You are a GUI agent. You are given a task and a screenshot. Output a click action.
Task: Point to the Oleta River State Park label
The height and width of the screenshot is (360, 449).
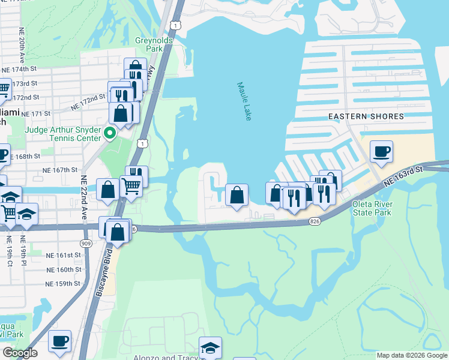point(371,208)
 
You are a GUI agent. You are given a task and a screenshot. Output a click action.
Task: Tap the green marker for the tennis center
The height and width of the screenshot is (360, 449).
point(109,133)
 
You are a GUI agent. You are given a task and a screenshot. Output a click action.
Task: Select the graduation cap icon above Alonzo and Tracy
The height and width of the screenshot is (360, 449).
point(211,347)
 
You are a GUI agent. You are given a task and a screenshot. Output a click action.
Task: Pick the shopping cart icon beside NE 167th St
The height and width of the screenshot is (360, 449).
point(131,185)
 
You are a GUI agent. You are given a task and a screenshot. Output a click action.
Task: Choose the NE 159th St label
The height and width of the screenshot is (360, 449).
point(63,283)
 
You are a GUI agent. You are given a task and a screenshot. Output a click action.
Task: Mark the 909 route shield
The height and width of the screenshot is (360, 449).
point(85,242)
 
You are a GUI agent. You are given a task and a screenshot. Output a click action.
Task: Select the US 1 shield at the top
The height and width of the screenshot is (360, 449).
point(175,24)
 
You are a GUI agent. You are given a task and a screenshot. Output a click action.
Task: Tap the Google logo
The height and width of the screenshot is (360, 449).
point(20,353)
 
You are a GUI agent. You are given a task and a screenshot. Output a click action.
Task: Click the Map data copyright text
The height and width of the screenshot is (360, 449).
point(412,355)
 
